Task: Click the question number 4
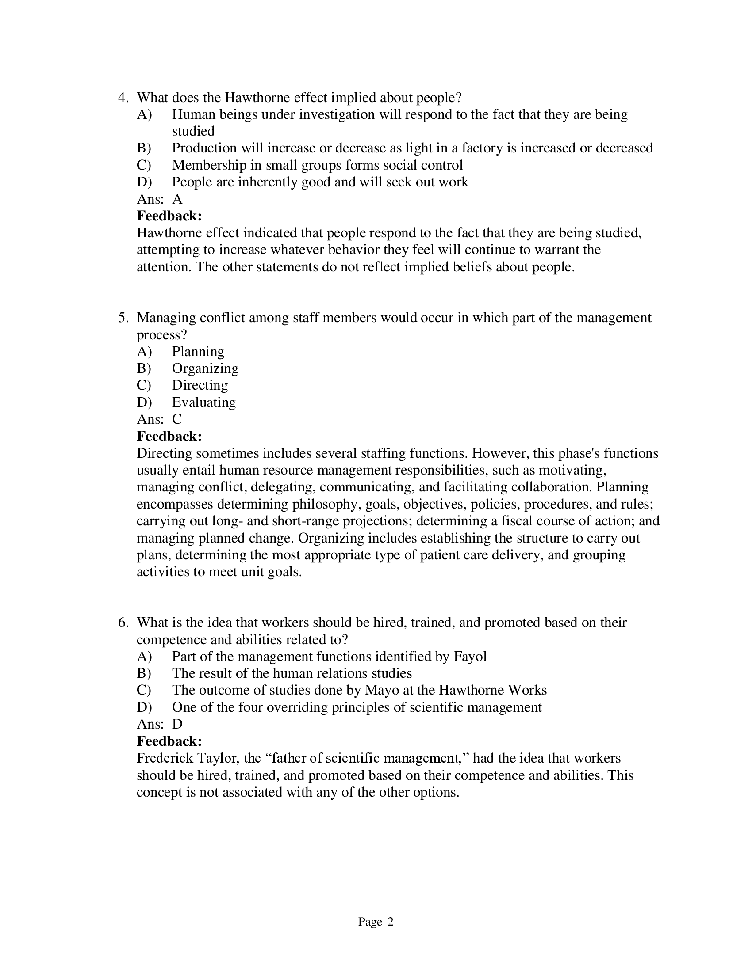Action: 123,98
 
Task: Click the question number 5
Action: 123,318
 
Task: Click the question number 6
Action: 123,622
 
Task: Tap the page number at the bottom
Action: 376,922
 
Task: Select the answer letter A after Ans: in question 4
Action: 177,199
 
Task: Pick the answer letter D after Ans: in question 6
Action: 177,724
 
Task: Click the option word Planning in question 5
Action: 198,352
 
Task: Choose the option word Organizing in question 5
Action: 205,368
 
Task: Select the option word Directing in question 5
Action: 200,385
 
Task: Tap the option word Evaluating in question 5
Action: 203,402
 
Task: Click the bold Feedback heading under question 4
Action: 169,216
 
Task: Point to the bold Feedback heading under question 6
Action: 169,741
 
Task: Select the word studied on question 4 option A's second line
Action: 193,131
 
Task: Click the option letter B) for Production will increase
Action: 144,148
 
